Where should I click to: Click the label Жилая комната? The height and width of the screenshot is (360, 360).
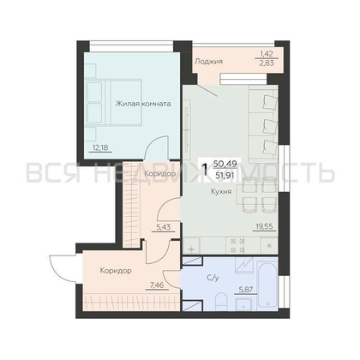(x=143, y=104)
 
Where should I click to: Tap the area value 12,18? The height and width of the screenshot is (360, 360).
(x=100, y=147)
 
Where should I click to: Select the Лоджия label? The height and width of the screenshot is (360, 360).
(x=208, y=62)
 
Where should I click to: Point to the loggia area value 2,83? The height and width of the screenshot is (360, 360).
(x=267, y=63)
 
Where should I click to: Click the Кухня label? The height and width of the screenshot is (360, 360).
(x=221, y=191)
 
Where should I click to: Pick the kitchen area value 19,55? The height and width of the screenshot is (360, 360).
(x=265, y=226)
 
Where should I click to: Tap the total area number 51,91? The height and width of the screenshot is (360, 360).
(x=226, y=175)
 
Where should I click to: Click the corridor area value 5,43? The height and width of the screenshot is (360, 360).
(x=163, y=227)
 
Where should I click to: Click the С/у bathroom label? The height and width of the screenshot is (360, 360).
(x=213, y=278)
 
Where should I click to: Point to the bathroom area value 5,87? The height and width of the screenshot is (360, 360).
(x=246, y=289)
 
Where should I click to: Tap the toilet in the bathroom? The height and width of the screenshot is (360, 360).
(x=220, y=301)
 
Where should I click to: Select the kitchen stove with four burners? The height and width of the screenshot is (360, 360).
(x=237, y=245)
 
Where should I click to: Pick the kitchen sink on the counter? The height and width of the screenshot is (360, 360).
(x=191, y=246)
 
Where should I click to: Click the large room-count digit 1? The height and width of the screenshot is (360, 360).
(x=205, y=170)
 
